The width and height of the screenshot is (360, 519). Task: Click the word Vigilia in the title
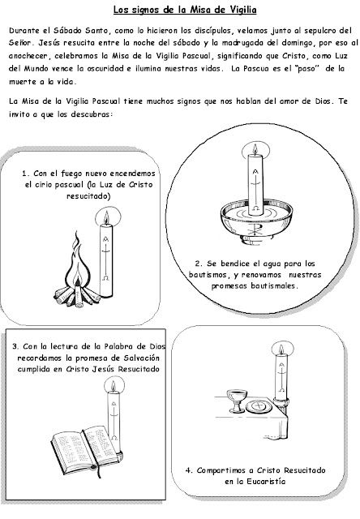[243, 10]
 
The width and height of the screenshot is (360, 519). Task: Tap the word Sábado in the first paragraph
[67, 31]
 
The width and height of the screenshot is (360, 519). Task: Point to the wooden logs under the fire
[77, 295]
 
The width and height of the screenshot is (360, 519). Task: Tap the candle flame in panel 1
[106, 217]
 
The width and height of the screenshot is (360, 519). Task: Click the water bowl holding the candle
[256, 222]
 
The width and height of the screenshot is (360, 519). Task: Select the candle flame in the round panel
[255, 149]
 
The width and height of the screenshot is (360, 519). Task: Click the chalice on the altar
[237, 401]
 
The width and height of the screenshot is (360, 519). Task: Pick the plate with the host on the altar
[259, 406]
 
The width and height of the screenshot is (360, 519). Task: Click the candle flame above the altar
[281, 350]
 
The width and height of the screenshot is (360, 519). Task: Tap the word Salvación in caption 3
[142, 358]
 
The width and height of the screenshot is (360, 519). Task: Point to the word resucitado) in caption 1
[88, 196]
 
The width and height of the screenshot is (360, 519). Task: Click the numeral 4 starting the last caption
[188, 470]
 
